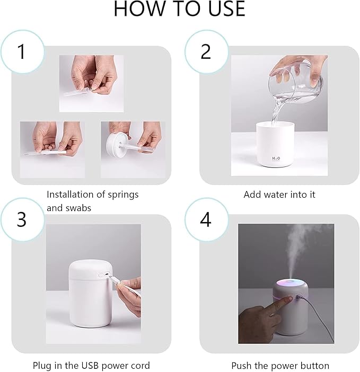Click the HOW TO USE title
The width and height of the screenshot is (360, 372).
point(180,9)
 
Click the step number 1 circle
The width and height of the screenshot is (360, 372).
point(22,51)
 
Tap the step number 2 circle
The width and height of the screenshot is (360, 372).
point(206,51)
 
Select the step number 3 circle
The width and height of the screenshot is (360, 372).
point(22,219)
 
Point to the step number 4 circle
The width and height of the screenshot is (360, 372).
point(206,219)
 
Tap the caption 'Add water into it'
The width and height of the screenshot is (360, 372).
point(279,194)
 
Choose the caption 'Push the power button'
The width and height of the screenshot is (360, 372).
point(280,366)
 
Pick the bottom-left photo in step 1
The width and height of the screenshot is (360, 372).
point(52,149)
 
